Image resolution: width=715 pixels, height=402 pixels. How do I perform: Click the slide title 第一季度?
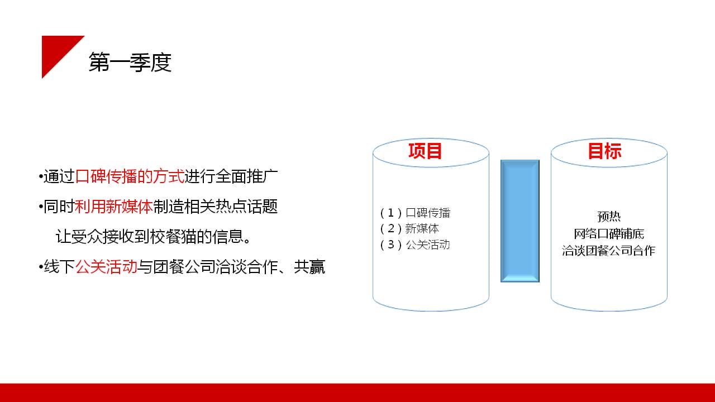click(130, 62)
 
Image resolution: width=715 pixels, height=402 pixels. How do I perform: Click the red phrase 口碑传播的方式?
click(130, 176)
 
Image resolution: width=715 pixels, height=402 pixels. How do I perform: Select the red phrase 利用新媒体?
click(113, 207)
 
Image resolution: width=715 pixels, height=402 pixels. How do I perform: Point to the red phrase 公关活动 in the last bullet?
click(106, 267)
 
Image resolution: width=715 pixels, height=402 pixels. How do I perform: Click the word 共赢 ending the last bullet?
click(309, 267)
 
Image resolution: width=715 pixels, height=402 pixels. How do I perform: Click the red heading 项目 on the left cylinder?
click(425, 151)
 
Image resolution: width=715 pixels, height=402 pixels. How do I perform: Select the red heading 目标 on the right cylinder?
click(604, 151)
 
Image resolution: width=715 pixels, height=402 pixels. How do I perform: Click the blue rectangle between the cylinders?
click(520, 221)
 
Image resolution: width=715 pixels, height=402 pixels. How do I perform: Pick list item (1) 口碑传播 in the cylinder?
click(415, 213)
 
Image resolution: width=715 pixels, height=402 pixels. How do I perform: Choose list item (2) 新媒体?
click(409, 228)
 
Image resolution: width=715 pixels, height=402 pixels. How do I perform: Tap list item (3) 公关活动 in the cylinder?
click(415, 245)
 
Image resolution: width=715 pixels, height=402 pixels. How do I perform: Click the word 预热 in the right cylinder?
click(609, 217)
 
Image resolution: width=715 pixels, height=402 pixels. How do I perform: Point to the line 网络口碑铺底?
click(609, 234)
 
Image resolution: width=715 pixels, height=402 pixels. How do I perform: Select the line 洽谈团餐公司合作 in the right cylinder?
click(609, 251)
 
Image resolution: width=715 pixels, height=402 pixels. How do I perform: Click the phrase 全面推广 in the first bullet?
click(247, 176)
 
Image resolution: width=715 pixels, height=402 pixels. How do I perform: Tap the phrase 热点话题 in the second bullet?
click(247, 207)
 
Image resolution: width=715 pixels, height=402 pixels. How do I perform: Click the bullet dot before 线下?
click(41, 267)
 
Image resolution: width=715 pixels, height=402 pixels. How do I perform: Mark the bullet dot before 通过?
click(41, 176)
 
